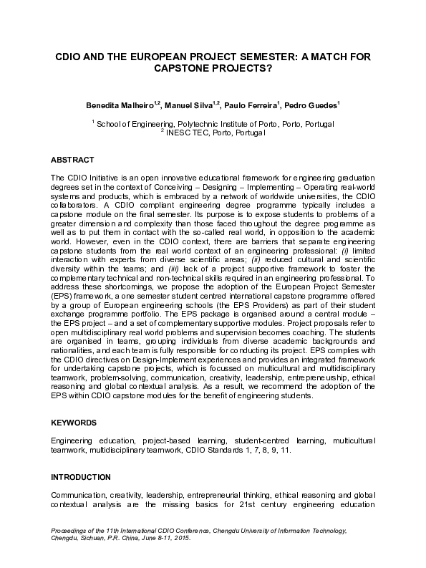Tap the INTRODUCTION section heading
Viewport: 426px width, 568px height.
point(80,477)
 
